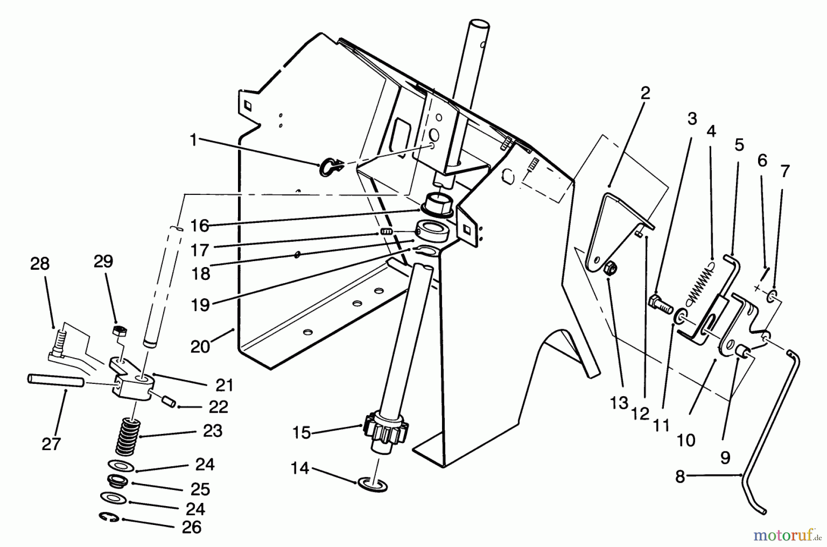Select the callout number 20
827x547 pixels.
[x=200, y=346]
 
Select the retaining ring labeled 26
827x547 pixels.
[x=109, y=518]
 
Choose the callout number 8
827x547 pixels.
[x=680, y=477]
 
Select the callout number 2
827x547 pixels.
[x=645, y=93]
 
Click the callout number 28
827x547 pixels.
[x=40, y=264]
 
